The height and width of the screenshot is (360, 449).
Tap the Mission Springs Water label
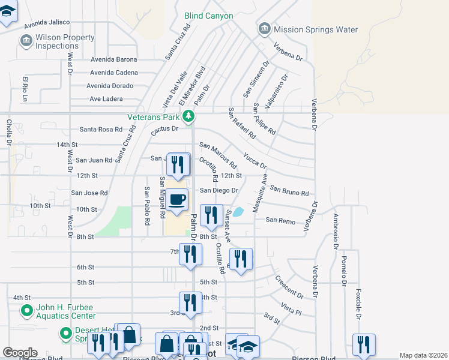tap(315, 29)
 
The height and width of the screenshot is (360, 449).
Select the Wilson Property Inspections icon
tap(26, 41)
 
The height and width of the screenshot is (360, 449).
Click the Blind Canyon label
tap(208, 16)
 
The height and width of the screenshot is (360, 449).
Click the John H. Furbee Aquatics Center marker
tap(26, 311)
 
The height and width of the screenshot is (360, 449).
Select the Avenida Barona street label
tap(114, 59)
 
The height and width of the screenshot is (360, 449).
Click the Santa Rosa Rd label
tap(101, 129)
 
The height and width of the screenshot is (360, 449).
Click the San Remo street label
tap(280, 221)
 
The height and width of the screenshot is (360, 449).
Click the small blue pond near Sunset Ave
tap(239, 211)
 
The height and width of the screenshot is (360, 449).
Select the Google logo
tap(20, 353)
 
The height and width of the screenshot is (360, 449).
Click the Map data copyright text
tap(423, 355)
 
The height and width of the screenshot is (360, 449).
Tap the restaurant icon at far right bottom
tap(364, 344)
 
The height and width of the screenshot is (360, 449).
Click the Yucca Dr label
tap(255, 160)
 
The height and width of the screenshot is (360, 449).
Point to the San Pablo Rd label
tap(146, 206)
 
